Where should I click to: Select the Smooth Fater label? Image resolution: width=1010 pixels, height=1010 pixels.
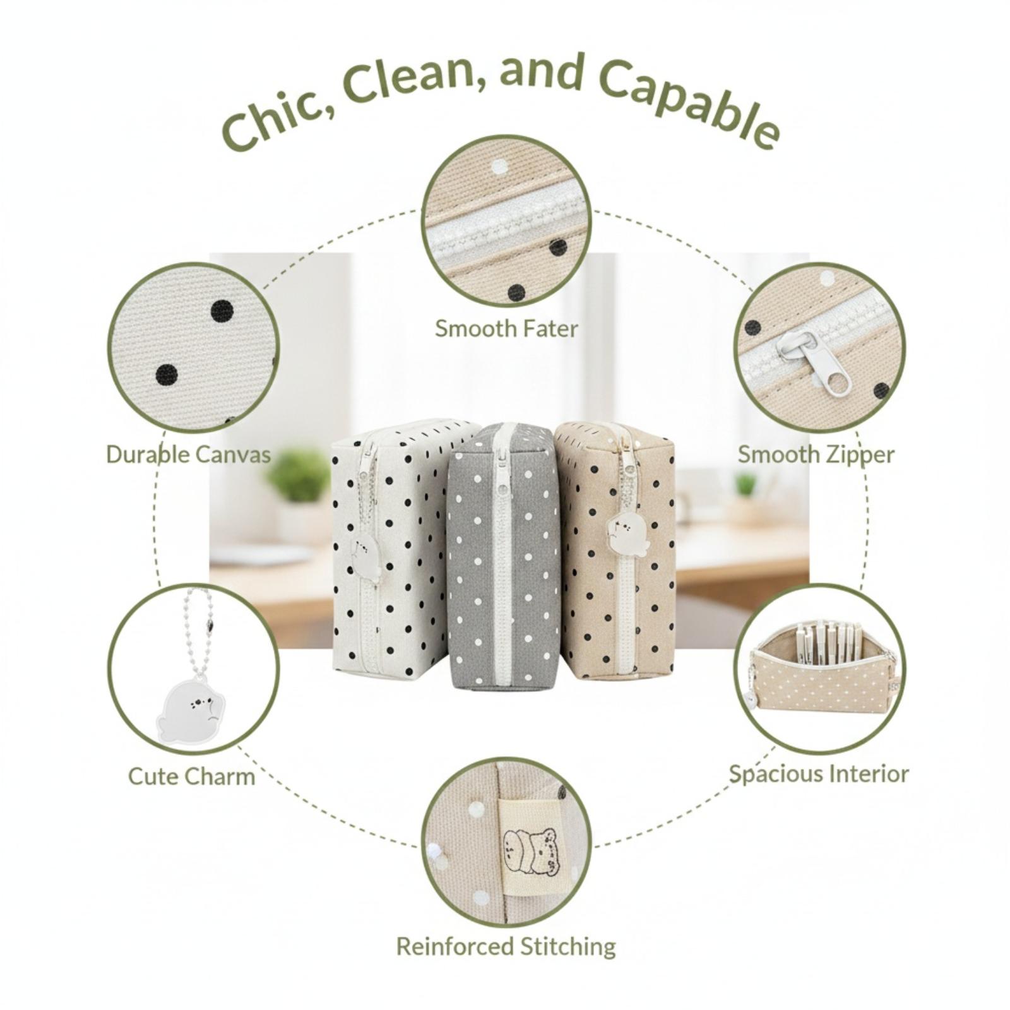(x=506, y=329)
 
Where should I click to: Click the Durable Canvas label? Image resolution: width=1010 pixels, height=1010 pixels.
(x=189, y=454)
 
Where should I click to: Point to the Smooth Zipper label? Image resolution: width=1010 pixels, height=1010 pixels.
(x=816, y=455)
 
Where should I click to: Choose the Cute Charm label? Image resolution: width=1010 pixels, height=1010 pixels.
(x=192, y=776)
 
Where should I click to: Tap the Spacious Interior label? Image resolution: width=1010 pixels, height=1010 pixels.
(x=819, y=774)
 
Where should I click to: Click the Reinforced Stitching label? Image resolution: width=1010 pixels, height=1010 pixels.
(x=506, y=946)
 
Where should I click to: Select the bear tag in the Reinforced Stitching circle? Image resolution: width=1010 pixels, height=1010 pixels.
(x=530, y=852)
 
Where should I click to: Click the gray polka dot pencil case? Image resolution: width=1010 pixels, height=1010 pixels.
(x=503, y=554)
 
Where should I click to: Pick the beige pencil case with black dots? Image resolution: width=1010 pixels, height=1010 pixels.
(x=615, y=549)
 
